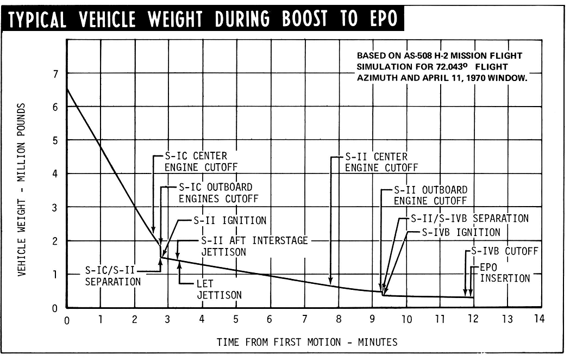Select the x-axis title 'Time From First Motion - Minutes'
click(306, 342)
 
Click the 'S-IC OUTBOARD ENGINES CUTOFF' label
click(218, 193)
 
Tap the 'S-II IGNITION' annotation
click(230, 221)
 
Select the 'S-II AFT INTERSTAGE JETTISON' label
click(254, 246)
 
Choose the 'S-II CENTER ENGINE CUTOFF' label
click(381, 162)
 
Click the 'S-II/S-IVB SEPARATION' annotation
click(465, 219)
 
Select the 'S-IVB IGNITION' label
click(461, 232)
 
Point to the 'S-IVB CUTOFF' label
click(504, 251)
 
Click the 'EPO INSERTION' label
click(504, 273)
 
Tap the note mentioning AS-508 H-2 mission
click(442, 67)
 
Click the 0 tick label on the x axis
click(67, 320)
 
